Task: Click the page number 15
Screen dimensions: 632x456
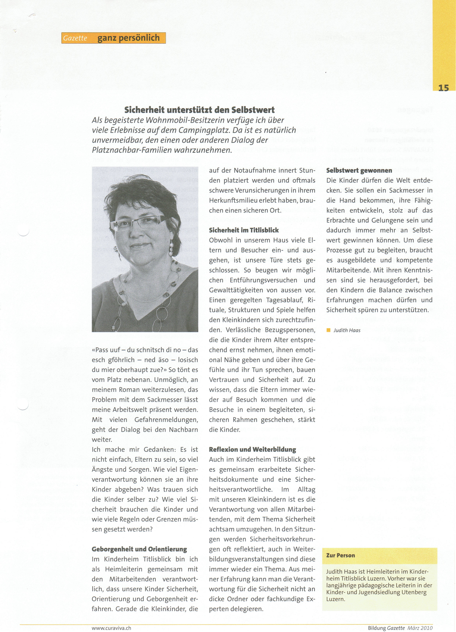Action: (443, 88)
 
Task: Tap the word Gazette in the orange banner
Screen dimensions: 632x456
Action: (75, 38)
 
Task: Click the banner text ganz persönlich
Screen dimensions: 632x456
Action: (129, 38)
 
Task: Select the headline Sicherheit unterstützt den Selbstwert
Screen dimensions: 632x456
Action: (199, 110)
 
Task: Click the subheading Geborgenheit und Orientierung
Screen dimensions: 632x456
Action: (139, 549)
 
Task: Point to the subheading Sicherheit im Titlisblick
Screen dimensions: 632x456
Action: (244, 230)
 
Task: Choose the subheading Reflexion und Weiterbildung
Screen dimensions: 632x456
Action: (252, 449)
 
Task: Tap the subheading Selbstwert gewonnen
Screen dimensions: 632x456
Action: (359, 170)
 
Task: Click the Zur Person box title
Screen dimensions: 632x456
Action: (341, 555)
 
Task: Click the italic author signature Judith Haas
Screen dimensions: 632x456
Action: (347, 330)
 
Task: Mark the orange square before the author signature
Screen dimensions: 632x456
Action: (328, 330)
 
